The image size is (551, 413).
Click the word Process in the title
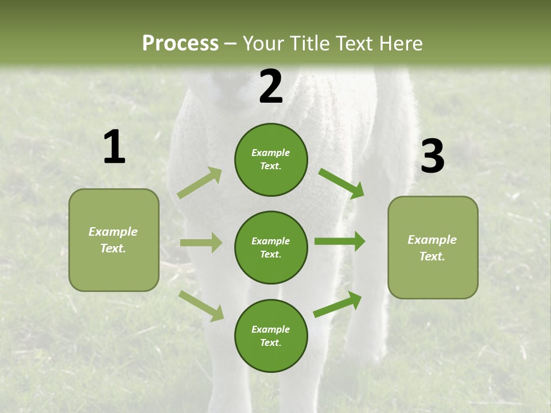click(x=180, y=43)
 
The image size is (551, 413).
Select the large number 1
click(x=114, y=147)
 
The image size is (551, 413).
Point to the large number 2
click(x=271, y=87)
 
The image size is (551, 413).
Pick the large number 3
click(x=432, y=156)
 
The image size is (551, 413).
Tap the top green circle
click(x=271, y=159)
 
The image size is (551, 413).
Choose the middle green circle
click(x=271, y=247)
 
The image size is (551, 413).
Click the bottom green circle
click(x=271, y=336)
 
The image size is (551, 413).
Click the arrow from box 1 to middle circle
click(x=201, y=243)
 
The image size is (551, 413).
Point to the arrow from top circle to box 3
click(x=342, y=184)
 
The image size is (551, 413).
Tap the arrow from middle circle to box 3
click(x=340, y=241)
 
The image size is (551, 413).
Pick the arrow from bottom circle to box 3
click(x=337, y=305)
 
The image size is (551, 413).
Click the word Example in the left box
click(x=113, y=232)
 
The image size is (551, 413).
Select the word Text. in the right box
click(x=432, y=256)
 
